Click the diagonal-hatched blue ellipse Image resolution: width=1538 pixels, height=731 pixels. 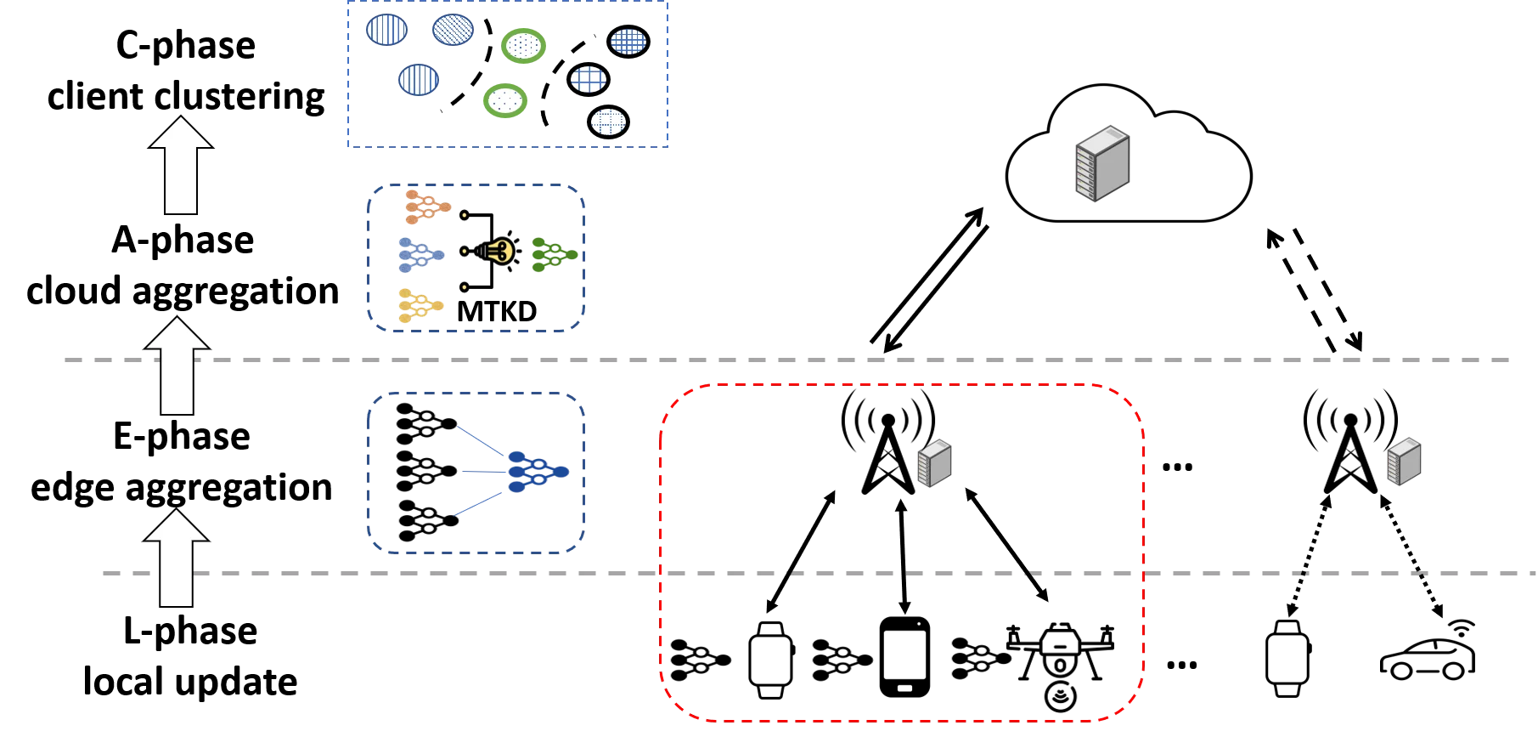tap(453, 30)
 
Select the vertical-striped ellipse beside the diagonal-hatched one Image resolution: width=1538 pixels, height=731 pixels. tap(387, 30)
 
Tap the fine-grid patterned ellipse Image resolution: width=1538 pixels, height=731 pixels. tap(628, 41)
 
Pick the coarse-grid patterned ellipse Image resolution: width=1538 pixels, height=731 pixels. tap(589, 79)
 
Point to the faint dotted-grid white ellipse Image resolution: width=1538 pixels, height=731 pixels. tap(608, 122)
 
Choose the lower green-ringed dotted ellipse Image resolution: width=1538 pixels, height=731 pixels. tap(506, 101)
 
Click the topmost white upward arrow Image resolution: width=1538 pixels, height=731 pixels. tap(180, 166)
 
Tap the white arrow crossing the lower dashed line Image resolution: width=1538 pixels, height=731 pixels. tap(176, 558)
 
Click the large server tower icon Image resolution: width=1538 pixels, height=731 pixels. tap(1102, 163)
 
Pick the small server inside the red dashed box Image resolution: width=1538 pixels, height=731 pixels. tap(933, 462)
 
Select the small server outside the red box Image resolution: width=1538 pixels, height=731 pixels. tap(1403, 462)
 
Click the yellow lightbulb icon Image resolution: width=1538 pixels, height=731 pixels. tap(499, 251)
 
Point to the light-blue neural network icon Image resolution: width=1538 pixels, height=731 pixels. tap(420, 254)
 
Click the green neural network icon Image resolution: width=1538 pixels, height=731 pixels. tap(554, 254)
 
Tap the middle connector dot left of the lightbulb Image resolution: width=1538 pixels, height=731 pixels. tap(464, 252)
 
